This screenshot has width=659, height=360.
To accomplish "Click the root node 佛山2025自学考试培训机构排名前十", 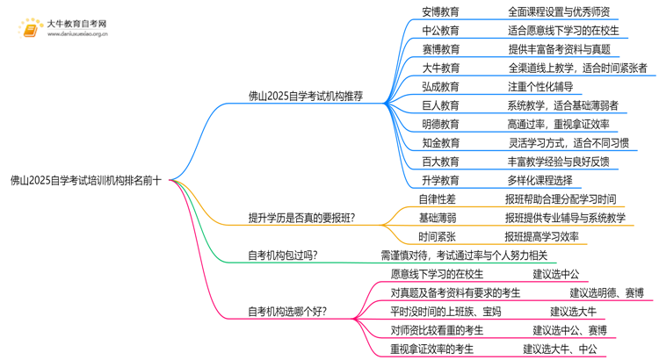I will tap(85, 181).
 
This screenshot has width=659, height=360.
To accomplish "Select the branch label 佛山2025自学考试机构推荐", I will tap(306, 97).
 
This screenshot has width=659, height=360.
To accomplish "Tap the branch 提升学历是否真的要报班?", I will tap(301, 218).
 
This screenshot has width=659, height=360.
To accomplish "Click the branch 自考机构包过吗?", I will tap(283, 256).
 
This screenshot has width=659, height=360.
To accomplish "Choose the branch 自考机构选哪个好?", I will tap(287, 311).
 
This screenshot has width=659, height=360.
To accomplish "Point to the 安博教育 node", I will tap(440, 12).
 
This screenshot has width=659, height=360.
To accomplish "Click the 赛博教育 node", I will tap(440, 49).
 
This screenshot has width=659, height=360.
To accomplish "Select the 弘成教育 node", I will tap(440, 87).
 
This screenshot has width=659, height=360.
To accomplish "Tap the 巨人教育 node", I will tap(440, 105).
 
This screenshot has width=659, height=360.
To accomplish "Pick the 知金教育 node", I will tap(440, 142).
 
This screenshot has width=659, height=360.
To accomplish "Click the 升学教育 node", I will tap(440, 180).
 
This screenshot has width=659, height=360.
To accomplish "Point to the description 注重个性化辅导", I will tap(540, 87).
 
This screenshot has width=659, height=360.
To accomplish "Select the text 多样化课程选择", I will tap(540, 180).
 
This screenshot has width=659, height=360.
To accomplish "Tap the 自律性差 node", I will tap(437, 199).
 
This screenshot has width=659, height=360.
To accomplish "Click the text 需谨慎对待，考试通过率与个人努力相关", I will tap(464, 256).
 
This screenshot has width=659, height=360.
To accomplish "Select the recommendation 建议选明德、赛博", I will tap(606, 292).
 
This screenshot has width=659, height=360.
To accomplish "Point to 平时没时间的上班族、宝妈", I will tap(445, 311).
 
